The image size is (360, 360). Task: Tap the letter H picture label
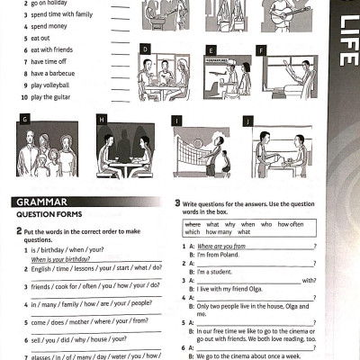click(x=102, y=119)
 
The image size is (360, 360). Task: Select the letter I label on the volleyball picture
click(x=177, y=120)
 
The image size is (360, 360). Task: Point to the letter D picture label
click(x=145, y=49)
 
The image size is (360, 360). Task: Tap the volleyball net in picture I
click(x=193, y=143)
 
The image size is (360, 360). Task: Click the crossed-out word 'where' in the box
click(x=192, y=223)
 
